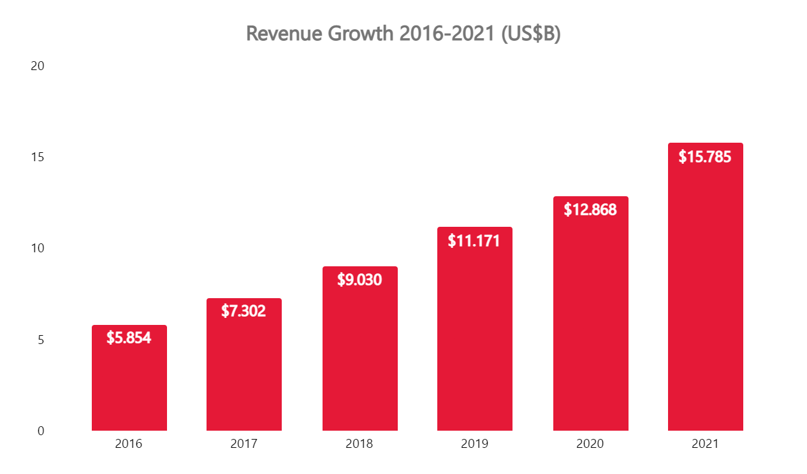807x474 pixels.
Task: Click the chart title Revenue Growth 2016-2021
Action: [403, 34]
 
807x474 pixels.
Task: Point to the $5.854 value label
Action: [129, 338]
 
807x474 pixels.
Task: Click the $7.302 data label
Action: [244, 311]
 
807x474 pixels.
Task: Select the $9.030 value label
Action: [360, 280]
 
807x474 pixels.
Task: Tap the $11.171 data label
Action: [474, 241]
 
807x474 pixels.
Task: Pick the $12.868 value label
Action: [590, 210]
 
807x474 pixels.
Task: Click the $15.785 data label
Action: [705, 157]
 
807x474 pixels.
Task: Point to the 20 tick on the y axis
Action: [38, 66]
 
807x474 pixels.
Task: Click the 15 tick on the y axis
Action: [38, 157]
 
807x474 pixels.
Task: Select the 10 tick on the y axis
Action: [38, 248]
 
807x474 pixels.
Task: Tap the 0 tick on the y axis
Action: [41, 431]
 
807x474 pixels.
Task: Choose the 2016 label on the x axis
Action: [129, 444]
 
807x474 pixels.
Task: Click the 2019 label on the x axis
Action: [474, 444]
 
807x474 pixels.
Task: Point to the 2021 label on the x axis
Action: [705, 444]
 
